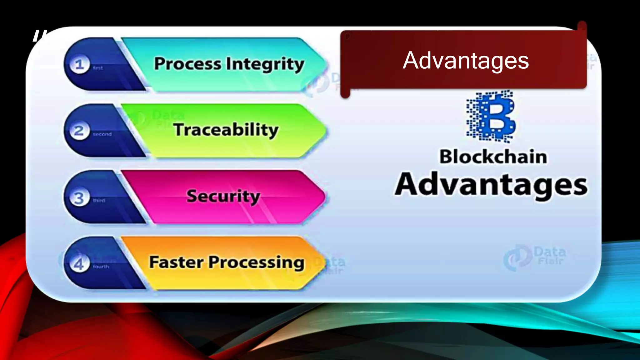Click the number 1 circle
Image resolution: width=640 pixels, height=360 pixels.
79,65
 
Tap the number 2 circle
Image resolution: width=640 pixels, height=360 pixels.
79,131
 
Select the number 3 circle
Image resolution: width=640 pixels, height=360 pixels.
79,198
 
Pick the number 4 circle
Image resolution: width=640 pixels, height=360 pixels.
79,264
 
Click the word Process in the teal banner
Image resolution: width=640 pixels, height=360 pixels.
187,64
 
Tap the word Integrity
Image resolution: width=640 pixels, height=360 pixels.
265,64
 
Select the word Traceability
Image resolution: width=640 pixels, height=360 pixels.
226,130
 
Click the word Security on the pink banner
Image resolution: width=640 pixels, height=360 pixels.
223,196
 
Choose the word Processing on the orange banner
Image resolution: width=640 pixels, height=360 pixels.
256,262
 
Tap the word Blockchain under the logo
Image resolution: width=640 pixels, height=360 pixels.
493,157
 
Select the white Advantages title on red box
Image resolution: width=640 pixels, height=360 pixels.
466,61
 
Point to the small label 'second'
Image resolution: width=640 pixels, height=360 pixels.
102,134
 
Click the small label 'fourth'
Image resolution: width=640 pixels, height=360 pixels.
101,267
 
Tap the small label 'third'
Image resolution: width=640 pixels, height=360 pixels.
99,200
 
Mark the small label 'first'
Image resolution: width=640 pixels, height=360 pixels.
98,68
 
